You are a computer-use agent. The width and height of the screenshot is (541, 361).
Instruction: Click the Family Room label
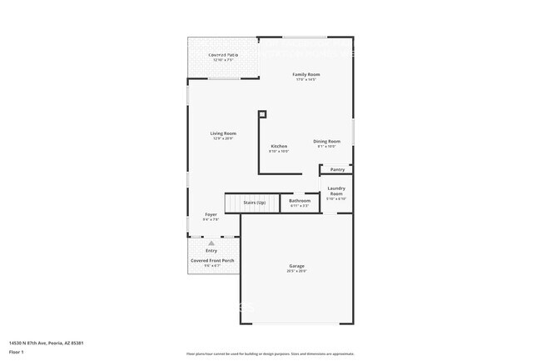point(305,74)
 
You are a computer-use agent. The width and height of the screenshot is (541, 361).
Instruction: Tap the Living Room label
point(223,133)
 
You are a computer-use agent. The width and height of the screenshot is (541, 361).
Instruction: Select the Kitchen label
point(279,147)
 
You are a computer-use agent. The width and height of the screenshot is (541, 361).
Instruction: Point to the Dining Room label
point(326,141)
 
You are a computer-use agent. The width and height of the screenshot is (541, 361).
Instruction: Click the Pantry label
point(337,169)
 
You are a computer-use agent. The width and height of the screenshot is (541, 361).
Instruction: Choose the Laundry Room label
point(336,191)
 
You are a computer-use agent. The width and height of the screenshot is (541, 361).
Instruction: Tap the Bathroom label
point(300,200)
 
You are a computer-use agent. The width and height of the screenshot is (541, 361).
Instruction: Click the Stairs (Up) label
point(255,203)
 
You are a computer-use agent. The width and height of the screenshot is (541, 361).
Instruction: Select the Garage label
point(297,266)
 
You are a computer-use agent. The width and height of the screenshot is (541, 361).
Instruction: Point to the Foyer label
point(211,214)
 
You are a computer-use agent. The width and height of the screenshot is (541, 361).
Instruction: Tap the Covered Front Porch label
point(212,260)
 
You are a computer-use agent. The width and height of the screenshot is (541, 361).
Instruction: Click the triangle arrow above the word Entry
point(211,243)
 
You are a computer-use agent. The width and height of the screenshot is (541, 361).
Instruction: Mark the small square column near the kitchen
point(262,113)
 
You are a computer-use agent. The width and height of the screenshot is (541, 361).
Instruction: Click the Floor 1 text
point(17,352)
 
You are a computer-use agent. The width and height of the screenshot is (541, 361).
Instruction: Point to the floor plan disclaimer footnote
point(270,353)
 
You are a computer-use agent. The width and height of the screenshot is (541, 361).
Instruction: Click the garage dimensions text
point(297,271)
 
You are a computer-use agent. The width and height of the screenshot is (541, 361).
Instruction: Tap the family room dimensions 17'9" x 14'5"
point(305,80)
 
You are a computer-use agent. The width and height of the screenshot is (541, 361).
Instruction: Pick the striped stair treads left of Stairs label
point(232,203)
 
